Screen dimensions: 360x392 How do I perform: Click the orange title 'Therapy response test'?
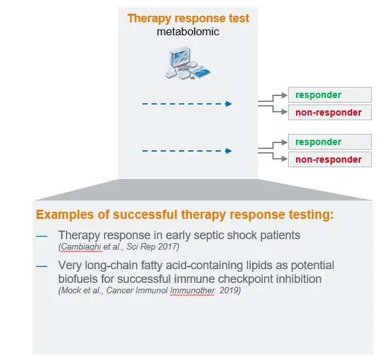coord(188,18)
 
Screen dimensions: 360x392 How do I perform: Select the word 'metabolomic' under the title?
coord(188,31)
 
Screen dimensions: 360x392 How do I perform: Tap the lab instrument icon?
coord(188,63)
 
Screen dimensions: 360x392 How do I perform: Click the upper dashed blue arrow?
coord(187,103)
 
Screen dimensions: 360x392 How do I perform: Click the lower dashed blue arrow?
coord(187,151)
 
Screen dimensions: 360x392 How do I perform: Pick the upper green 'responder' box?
coord(329,95)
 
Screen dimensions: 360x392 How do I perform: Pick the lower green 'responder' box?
coord(329,142)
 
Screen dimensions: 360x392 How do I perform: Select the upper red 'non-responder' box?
coord(329,112)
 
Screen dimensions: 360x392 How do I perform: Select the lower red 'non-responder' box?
coord(329,159)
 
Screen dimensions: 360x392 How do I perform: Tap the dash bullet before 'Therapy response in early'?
coord(42,235)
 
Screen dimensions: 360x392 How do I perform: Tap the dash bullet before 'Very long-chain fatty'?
coord(42,265)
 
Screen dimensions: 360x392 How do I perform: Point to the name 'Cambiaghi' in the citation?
coord(80,246)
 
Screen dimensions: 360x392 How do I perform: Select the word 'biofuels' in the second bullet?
coord(78,278)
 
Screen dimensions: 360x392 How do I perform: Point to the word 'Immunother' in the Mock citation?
coord(193,290)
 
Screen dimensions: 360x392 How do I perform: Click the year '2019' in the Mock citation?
coord(230,290)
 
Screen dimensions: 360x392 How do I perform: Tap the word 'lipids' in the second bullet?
coord(252,265)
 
